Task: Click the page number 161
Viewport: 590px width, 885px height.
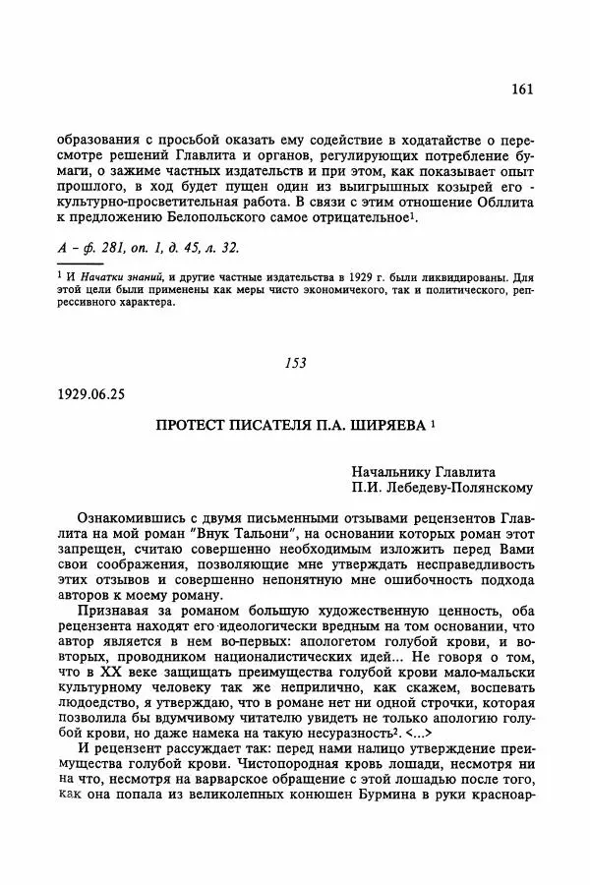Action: [x=522, y=89]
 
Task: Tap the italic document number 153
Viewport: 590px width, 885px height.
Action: [x=295, y=362]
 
